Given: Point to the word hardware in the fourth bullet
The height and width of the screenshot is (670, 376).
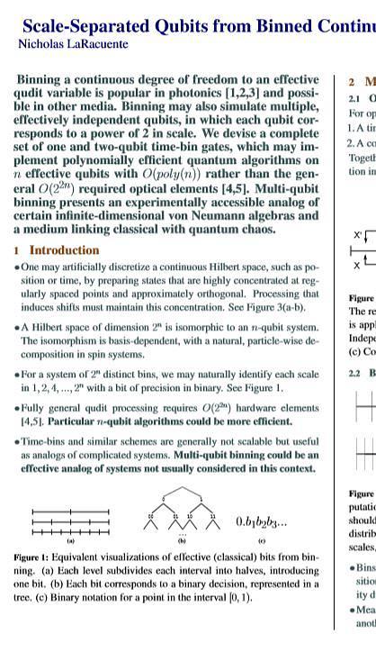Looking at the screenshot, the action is point(259,407).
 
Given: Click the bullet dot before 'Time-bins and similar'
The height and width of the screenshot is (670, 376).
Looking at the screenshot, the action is point(17,442).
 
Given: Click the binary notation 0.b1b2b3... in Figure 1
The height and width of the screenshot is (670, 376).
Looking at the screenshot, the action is point(261,521).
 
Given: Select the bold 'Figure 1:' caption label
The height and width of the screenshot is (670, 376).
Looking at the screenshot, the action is point(32,559).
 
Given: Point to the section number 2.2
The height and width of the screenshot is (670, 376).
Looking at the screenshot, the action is point(354,373).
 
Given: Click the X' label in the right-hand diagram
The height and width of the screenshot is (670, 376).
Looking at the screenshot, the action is point(358,235).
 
